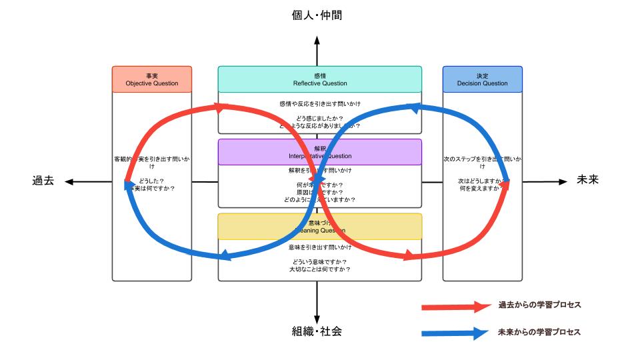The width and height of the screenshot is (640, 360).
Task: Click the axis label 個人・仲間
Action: point(317,15)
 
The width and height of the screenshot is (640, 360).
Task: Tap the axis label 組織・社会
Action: point(317,331)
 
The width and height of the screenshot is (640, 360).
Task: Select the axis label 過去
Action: point(43,181)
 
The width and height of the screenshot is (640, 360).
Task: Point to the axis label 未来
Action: point(589,180)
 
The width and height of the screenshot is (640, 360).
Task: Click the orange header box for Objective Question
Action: point(151,79)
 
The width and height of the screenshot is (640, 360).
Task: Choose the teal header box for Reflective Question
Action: point(320,79)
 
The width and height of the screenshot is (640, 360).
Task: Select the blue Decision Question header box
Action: point(483,79)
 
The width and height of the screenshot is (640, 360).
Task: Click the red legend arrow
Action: point(456,307)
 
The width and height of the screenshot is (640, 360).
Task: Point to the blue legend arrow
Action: point(456,333)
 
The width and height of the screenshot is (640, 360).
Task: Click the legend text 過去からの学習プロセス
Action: point(540,305)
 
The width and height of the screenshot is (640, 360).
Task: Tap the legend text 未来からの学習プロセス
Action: point(540,332)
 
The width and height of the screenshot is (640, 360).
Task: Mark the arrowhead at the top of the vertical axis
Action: point(317,41)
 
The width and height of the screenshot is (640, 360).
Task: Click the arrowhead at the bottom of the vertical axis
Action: point(317,319)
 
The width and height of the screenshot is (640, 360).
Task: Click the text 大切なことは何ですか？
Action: point(320,269)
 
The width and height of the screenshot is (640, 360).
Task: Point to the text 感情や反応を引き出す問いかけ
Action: point(320,103)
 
